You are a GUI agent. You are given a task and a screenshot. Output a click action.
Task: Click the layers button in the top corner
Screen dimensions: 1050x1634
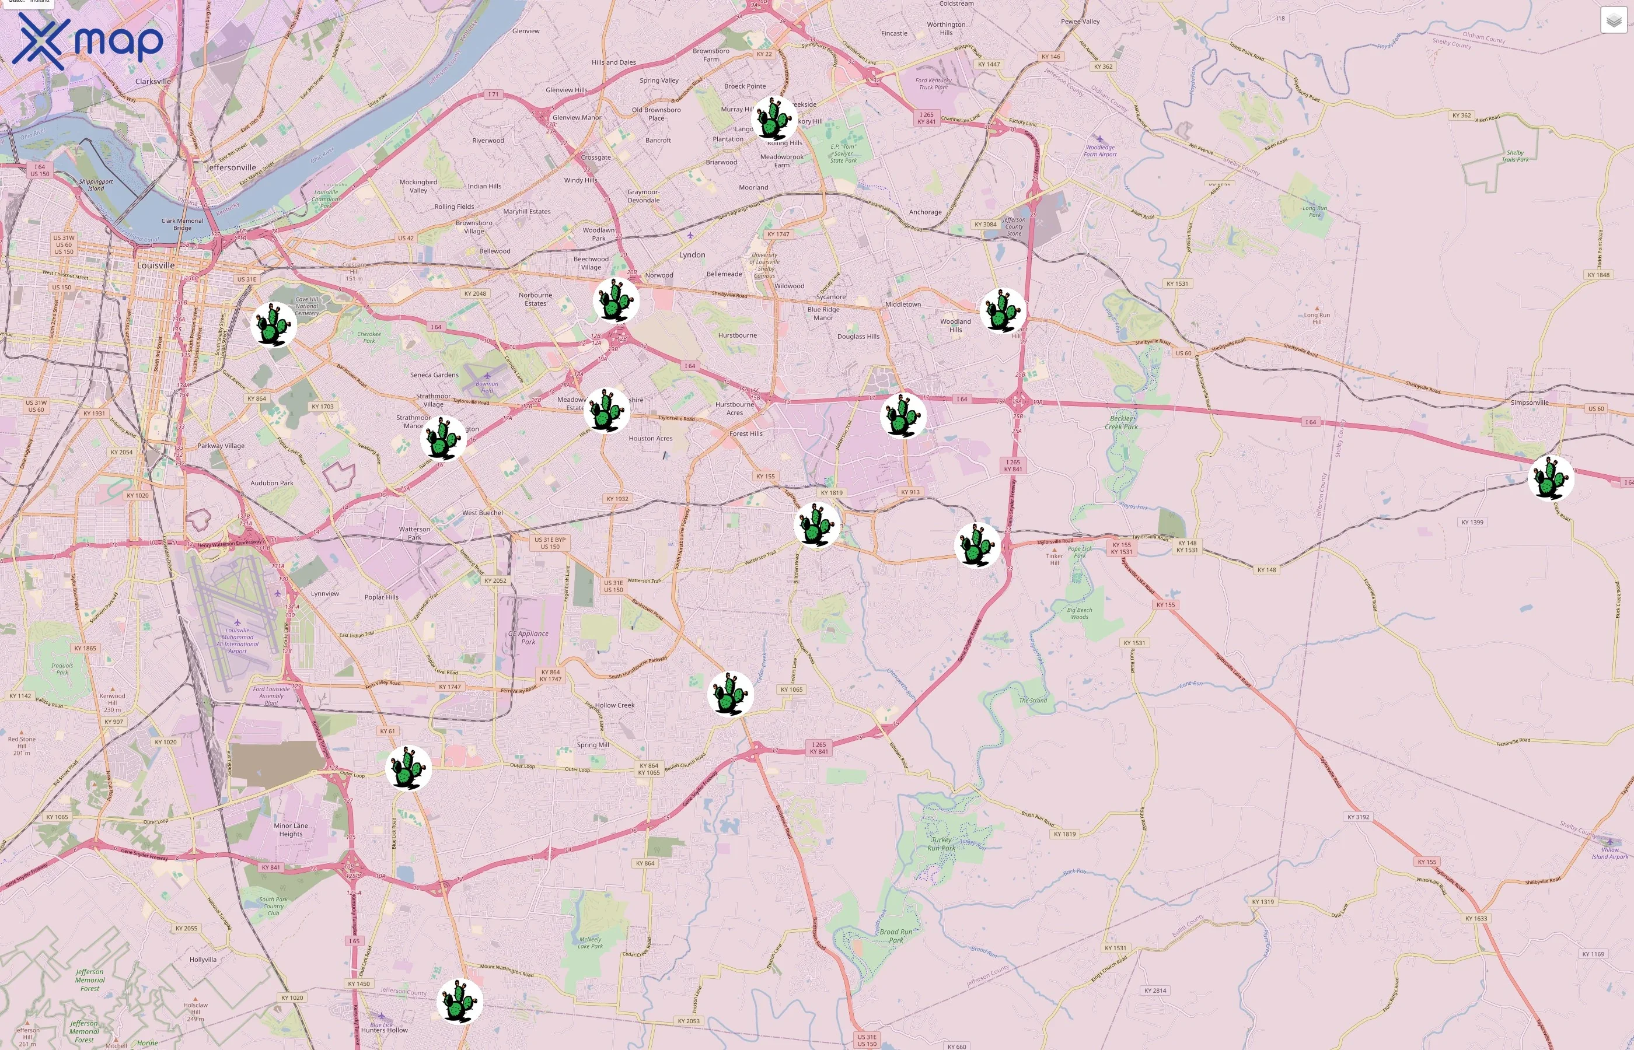coord(1614,20)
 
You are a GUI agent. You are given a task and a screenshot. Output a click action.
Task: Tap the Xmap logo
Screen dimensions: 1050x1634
coord(88,41)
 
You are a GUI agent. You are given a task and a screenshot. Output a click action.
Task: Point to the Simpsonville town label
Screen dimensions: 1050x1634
coord(1529,403)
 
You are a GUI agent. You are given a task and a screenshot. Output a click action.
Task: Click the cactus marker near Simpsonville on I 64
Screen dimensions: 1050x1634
coord(1552,478)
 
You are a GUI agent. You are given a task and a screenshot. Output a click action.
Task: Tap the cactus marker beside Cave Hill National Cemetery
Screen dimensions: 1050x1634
coord(274,324)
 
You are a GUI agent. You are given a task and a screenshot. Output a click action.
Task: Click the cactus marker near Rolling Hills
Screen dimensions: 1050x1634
coord(774,118)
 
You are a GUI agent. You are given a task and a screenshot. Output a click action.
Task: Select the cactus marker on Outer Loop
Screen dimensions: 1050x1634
coord(408,768)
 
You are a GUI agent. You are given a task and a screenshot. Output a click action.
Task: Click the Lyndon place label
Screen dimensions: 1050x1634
coord(692,255)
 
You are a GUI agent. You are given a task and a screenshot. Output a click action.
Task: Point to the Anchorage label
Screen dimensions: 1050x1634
coord(925,212)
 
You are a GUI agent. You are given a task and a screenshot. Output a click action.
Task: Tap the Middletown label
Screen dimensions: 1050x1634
coord(903,304)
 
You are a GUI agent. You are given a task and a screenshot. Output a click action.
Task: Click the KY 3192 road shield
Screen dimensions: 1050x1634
coord(1358,817)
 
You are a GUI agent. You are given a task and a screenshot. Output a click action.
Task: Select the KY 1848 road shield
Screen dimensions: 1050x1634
coord(1598,275)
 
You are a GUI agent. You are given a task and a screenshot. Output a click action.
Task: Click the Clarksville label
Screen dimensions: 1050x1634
coord(153,81)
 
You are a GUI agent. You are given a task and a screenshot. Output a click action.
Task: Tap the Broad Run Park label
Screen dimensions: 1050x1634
coord(895,936)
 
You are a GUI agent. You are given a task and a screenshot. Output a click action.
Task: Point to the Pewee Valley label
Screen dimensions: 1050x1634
coord(1080,22)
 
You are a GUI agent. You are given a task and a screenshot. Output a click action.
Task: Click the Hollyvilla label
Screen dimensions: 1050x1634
coord(202,960)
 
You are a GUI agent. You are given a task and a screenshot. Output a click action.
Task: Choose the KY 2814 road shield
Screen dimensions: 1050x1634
coord(1155,991)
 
